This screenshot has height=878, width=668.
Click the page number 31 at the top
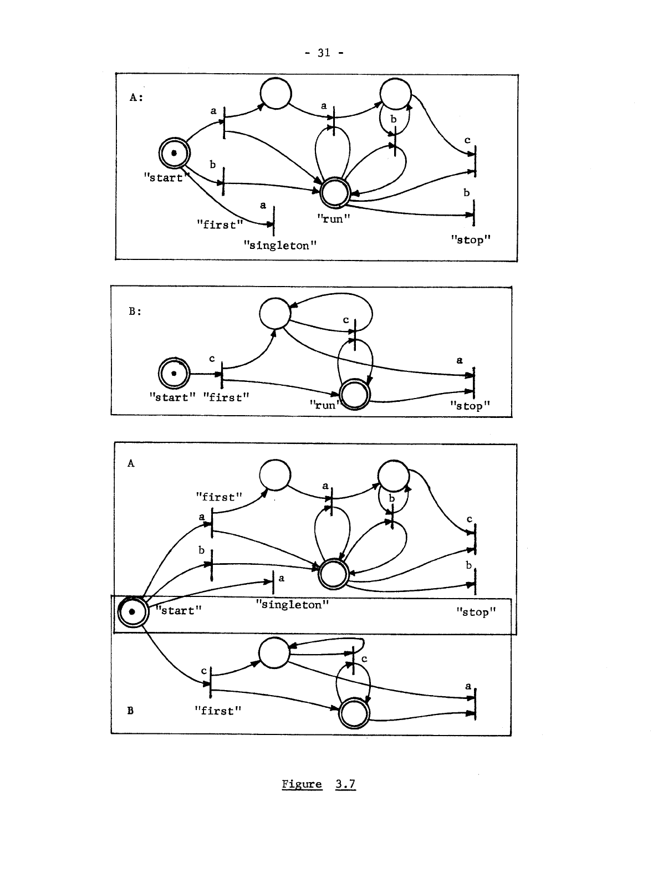coord(324,53)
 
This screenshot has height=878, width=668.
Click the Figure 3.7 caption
coord(318,784)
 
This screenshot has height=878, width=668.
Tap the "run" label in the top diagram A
coord(334,218)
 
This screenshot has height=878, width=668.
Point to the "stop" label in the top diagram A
coord(471,239)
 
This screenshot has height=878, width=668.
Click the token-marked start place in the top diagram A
coord(174,152)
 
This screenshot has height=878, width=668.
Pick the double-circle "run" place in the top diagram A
coord(334,192)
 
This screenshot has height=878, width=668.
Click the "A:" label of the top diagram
coord(136,97)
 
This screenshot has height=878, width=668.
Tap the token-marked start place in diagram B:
coord(174,374)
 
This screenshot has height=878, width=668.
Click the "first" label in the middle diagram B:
coord(226,397)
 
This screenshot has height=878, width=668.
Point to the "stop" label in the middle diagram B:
coord(470,406)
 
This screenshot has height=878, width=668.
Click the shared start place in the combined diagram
coord(132,611)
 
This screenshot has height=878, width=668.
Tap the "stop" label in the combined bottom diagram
coord(476,612)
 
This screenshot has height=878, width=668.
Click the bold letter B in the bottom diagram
coord(130,711)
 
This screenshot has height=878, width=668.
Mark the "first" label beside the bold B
coord(218,711)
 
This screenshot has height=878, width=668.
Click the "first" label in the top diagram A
coord(220,224)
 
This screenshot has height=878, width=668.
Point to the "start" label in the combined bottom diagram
coord(178,610)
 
